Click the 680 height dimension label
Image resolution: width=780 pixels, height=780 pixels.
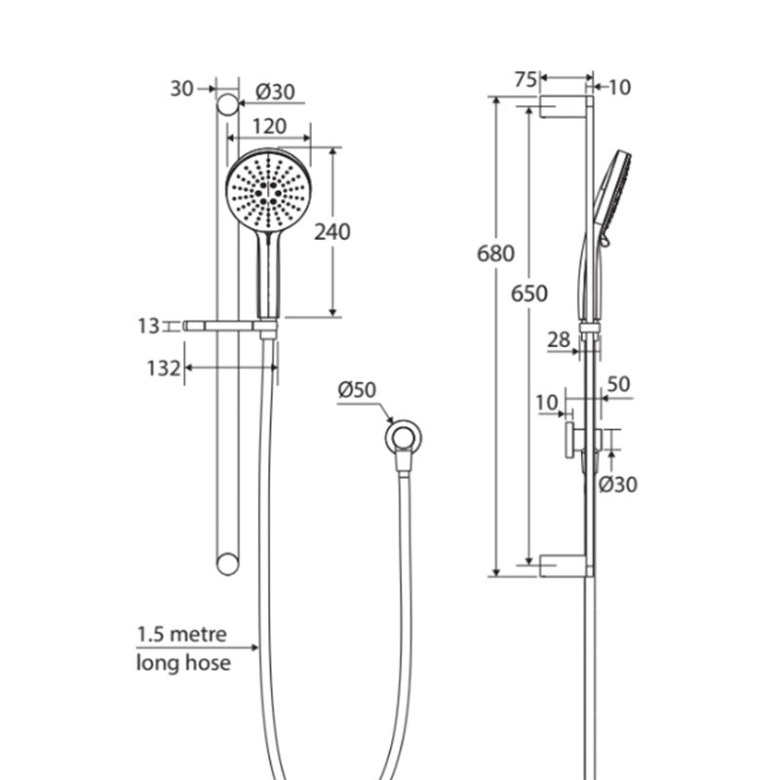495,253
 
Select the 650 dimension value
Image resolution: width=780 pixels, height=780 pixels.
529,293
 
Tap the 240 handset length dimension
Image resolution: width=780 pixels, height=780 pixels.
331,232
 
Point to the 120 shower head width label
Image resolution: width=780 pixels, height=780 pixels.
269,127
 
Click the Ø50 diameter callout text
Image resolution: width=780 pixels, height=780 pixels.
357,389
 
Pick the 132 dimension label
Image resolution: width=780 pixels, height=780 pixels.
163,369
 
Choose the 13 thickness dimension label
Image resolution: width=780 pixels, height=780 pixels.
148,327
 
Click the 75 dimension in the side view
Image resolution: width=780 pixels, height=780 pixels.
526,80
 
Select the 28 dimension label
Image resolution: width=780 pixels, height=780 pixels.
558,340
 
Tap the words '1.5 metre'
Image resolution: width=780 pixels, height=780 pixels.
181,635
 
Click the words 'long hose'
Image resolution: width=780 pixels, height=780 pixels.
183,663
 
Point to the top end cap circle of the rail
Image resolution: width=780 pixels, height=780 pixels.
228,104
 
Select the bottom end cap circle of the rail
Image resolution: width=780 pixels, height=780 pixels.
228,565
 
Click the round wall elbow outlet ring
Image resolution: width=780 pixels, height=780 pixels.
404,437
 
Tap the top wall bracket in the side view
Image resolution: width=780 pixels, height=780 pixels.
564,107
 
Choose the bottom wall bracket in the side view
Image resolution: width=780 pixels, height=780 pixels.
564,566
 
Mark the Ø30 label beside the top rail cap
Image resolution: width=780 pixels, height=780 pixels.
275,92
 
